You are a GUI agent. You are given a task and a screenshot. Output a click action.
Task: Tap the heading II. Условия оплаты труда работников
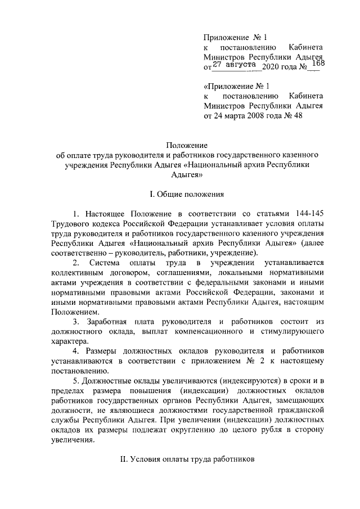pos(187,459)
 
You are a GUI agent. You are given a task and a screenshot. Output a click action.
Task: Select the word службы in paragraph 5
pos(65,420)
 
